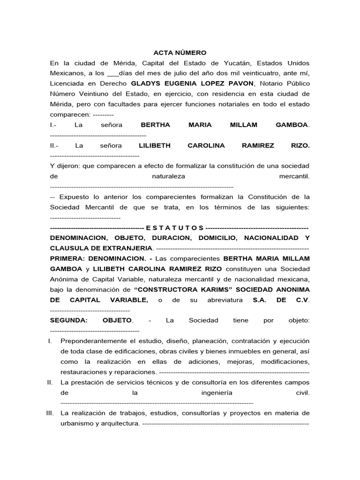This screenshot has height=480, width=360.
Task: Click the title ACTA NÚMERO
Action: coord(180,53)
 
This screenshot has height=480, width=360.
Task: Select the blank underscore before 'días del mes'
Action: coord(113,74)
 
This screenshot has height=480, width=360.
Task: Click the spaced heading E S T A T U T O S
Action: coord(175,227)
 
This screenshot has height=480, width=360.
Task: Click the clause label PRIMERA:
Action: coord(66,258)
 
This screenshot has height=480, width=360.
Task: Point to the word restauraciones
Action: coord(83,372)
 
